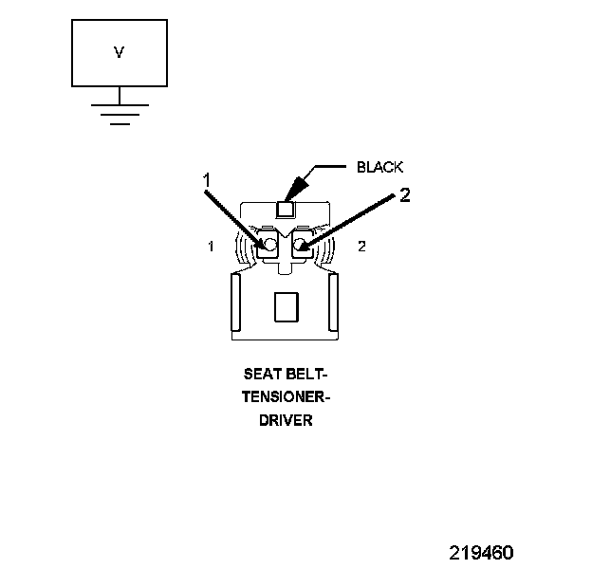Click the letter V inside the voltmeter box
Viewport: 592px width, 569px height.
coord(120,53)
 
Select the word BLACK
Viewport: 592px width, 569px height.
coord(379,167)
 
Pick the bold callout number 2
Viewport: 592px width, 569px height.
coord(404,195)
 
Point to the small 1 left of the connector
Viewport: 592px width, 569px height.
coord(210,247)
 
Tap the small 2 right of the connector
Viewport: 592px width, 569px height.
coord(361,247)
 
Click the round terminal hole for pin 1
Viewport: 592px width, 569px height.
coord(269,245)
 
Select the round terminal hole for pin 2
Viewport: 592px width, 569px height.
coord(301,246)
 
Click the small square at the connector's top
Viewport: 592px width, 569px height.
coord(286,208)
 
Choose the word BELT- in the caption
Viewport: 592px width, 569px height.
coord(305,375)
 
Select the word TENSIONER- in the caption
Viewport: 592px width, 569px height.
coord(285,396)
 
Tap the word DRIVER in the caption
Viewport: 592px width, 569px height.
coord(285,418)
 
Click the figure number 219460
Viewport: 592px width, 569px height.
coord(481,552)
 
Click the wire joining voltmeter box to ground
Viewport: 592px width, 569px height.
coord(119,94)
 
